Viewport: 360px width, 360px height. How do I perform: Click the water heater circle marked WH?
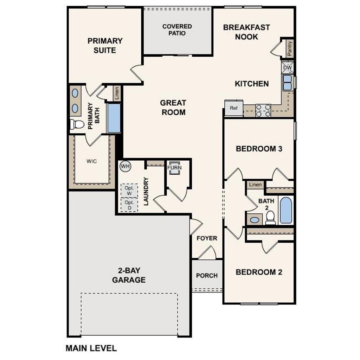pos(125,166)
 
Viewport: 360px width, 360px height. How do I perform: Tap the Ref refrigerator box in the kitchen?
pos(234,108)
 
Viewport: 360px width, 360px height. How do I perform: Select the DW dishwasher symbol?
pos(288,67)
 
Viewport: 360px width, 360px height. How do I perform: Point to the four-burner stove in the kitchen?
pos(263,110)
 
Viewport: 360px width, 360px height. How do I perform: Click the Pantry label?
pos(290,49)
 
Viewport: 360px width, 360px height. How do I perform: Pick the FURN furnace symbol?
pos(174,167)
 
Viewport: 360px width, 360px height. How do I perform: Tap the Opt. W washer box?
pos(129,191)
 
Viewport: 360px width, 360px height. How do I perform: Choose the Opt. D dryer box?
pos(129,205)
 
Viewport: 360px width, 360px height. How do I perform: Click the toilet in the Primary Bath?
pos(77,124)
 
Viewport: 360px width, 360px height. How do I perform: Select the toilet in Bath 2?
pos(270,218)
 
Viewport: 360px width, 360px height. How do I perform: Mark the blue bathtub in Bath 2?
pos(286,210)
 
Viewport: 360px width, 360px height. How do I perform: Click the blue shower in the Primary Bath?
pos(114,118)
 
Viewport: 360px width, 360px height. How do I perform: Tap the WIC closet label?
pos(91,161)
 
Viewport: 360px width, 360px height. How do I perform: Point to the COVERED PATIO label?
pos(177,30)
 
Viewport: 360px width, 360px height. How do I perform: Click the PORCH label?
pos(207,276)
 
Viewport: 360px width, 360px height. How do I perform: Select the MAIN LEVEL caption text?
pos(91,348)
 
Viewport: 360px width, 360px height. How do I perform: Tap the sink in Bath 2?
pos(255,220)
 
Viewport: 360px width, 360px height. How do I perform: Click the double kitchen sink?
pos(287,83)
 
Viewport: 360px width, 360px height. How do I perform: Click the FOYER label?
pos(207,238)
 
